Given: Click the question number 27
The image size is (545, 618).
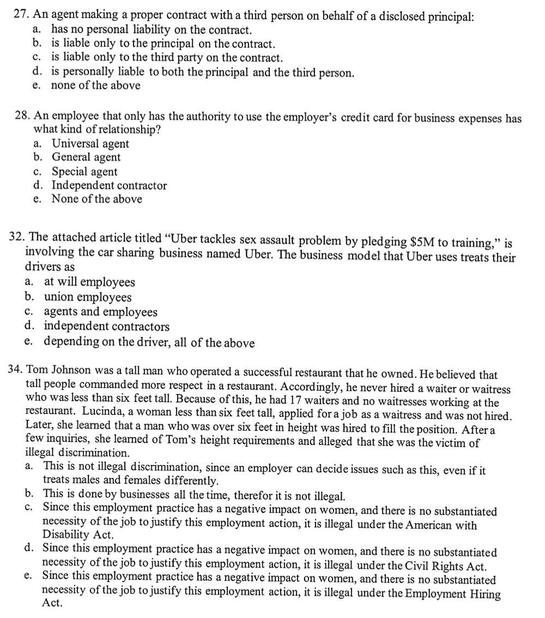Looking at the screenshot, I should [20, 15].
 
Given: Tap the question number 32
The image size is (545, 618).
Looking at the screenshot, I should [17, 238].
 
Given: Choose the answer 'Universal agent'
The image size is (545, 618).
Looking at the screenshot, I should [90, 144].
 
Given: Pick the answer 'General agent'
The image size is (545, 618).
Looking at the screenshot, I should [86, 157].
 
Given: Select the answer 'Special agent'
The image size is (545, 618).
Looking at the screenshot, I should [84, 172].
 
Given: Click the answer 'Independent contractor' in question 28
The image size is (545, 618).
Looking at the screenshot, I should [109, 185].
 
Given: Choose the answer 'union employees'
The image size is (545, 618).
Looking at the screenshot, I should [88, 297].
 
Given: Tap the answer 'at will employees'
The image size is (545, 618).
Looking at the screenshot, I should [89, 282].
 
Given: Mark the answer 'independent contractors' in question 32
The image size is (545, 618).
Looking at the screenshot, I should [107, 326].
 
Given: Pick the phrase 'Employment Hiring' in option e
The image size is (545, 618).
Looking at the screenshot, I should [456, 594].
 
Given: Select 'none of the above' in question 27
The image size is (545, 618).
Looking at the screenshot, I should [95, 86].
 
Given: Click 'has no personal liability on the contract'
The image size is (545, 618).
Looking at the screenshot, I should [152, 29].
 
